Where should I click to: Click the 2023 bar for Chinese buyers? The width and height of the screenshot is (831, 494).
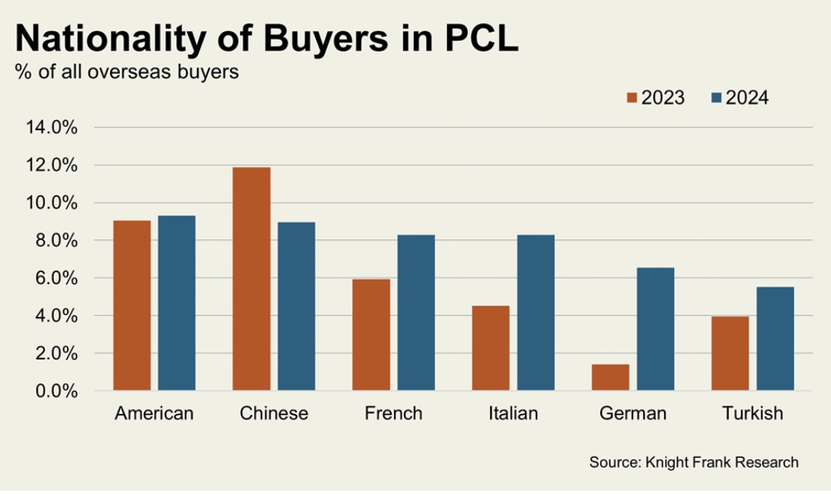click(x=251, y=279)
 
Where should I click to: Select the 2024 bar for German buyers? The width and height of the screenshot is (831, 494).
click(x=656, y=329)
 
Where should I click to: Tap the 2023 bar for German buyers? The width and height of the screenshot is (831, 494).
click(x=610, y=377)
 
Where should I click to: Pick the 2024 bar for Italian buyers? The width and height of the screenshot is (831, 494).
click(x=536, y=312)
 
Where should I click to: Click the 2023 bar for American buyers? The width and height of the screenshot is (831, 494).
click(x=132, y=305)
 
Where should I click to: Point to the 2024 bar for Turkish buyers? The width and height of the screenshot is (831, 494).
click(x=775, y=339)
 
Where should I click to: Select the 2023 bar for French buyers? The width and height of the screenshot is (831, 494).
click(x=371, y=335)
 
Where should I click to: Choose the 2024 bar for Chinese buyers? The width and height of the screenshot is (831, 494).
click(x=296, y=306)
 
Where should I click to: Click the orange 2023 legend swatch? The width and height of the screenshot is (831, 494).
click(x=632, y=98)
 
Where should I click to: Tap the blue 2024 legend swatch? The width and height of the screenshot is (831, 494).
click(x=716, y=98)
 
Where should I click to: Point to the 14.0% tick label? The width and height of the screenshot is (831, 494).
click(x=52, y=128)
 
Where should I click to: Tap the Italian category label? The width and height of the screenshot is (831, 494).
click(x=513, y=413)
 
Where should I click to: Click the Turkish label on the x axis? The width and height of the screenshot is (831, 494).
click(x=753, y=413)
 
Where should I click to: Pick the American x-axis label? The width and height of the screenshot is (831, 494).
click(x=154, y=413)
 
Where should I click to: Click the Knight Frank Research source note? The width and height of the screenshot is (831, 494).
click(x=693, y=462)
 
